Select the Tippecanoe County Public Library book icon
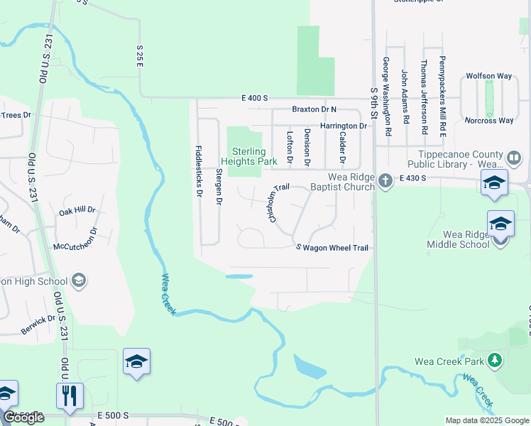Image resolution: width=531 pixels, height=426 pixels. (x=515, y=156)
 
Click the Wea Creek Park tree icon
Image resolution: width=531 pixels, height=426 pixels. (x=495, y=360)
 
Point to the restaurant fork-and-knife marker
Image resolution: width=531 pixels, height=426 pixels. (x=70, y=395)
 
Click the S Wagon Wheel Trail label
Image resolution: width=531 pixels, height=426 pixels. (x=332, y=248)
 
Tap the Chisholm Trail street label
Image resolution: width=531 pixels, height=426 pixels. (x=280, y=204)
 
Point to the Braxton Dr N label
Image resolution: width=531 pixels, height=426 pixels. (x=314, y=109)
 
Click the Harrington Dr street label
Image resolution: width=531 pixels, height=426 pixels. (x=343, y=126)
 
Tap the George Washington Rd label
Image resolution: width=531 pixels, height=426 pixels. (x=387, y=97)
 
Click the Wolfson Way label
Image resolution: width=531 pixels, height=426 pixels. (x=489, y=75)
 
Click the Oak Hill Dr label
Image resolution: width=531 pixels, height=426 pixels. (x=76, y=211)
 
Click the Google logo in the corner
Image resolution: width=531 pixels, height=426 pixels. (x=24, y=417)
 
